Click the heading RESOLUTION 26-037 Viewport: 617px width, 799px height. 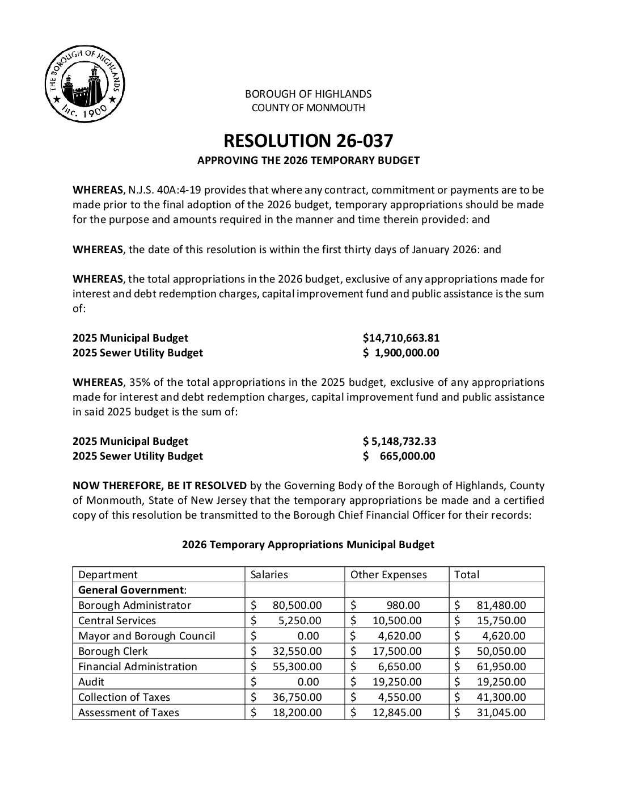pos(308,141)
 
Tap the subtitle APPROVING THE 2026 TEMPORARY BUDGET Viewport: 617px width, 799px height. pos(308,161)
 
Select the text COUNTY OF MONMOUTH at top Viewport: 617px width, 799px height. pos(308,108)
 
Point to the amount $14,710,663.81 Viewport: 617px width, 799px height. pos(401,338)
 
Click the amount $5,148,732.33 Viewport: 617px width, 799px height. pos(400,441)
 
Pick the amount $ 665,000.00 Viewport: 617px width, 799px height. pos(400,456)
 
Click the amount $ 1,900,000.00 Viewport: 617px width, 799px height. pos(401,353)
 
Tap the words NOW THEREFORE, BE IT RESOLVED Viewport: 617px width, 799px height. pos(159,486)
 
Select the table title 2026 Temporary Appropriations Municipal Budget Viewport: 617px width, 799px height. pos(308,545)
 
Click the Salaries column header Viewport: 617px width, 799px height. pos(269,574)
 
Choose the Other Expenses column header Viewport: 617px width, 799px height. pos(388,574)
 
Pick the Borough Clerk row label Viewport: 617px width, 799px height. pos(113,651)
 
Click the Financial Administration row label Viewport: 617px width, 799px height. pos(138,667)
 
